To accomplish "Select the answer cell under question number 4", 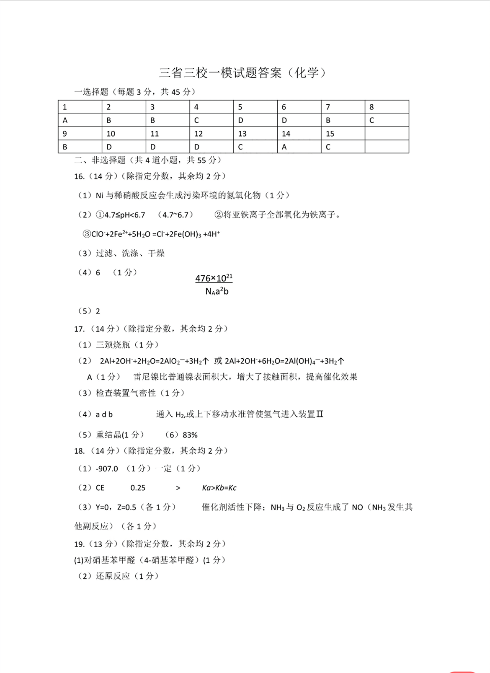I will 211,120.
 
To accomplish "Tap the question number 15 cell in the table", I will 343,134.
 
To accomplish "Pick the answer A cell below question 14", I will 299,147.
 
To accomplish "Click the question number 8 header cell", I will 386,107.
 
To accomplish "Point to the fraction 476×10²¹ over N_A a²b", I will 214,285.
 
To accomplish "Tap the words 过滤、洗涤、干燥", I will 130,253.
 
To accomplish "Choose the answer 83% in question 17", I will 190,435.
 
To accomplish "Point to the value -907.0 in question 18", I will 107,469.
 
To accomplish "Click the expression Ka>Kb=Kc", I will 219,488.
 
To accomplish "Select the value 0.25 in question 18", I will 138,488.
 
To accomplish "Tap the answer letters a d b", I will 104,414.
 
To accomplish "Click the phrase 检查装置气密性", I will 126,393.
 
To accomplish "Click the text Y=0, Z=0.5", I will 116,507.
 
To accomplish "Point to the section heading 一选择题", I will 91,92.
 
